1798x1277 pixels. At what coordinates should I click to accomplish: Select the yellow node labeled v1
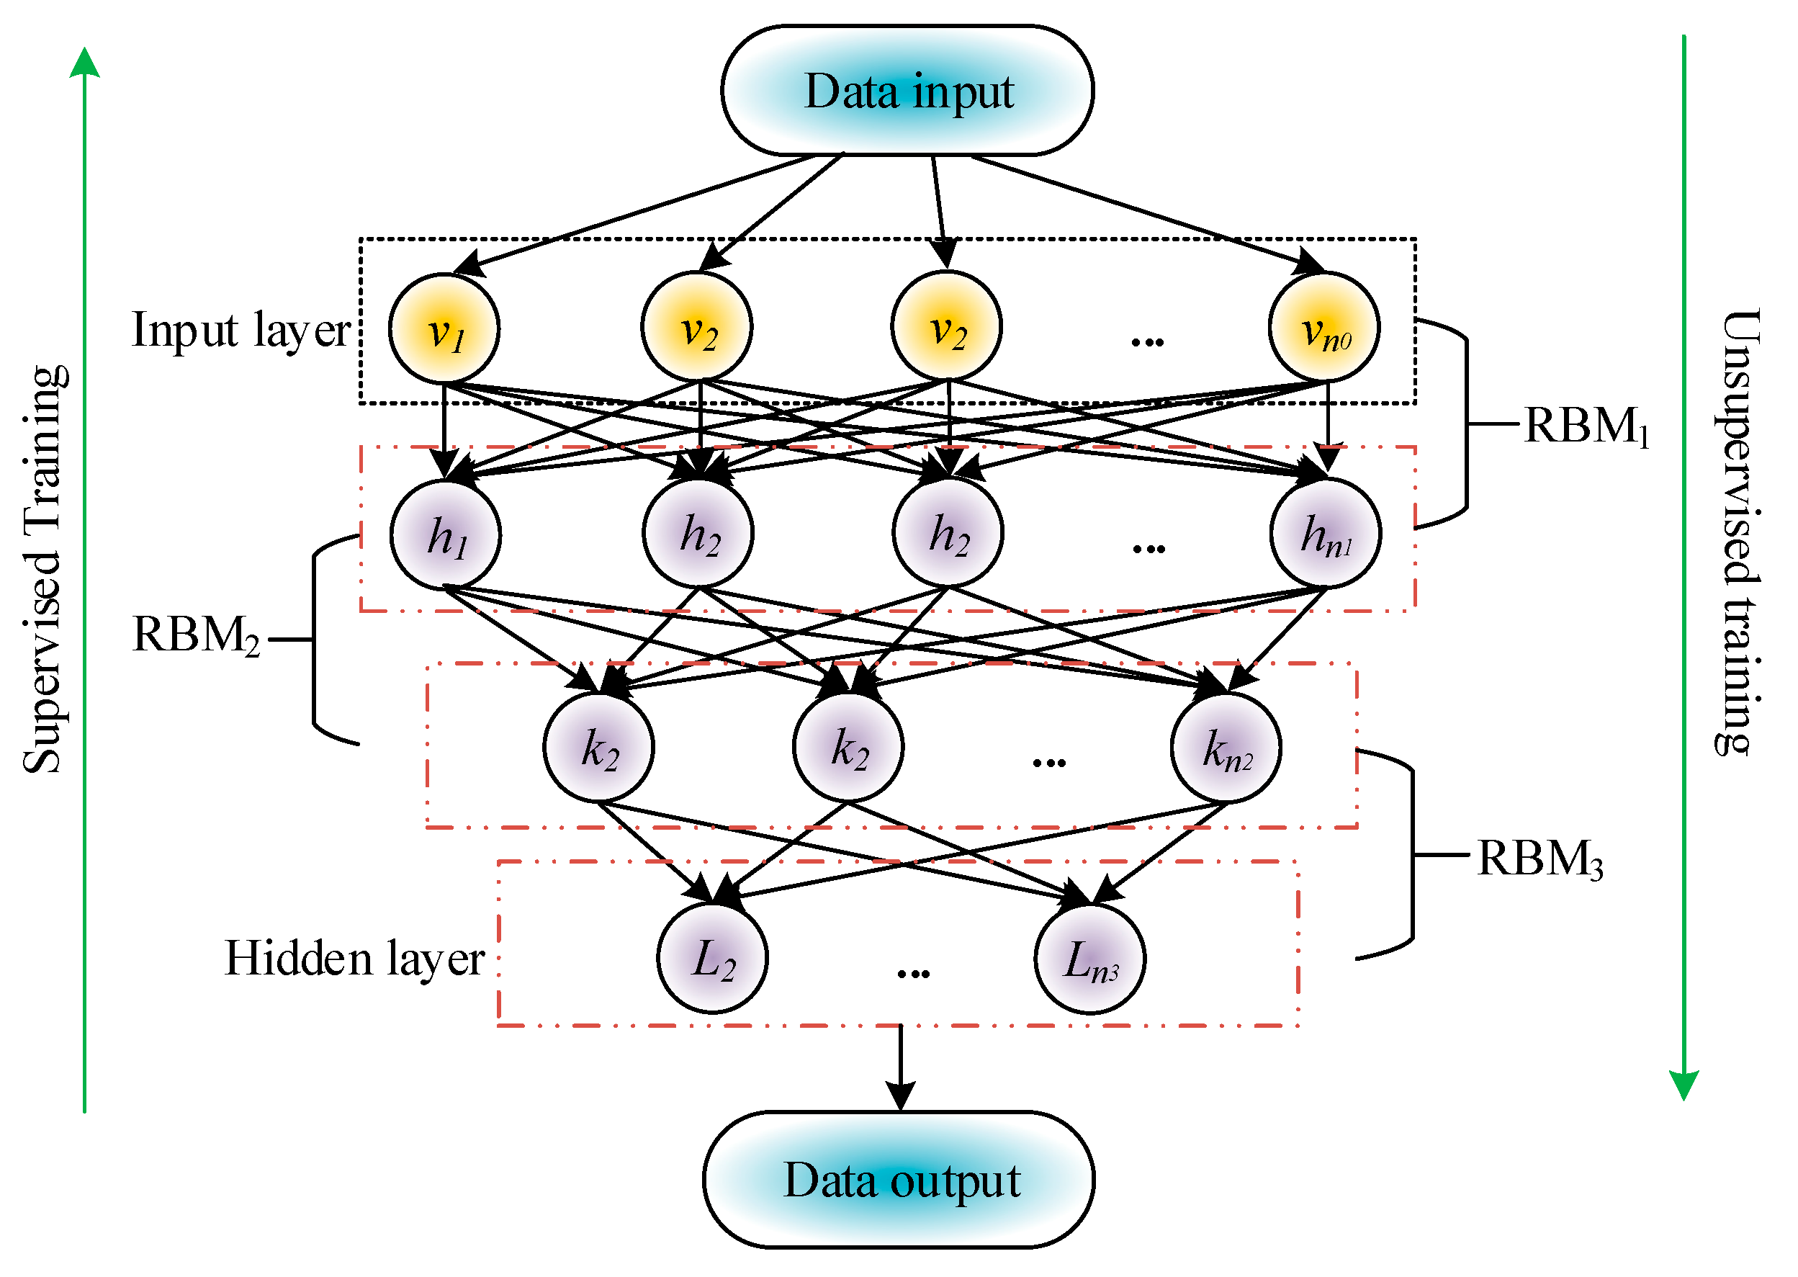tap(444, 328)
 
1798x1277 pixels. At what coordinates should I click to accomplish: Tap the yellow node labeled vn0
tap(1324, 328)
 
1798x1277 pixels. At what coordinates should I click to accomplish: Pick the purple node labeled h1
tap(446, 535)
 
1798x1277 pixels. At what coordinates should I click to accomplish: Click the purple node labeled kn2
tap(1226, 747)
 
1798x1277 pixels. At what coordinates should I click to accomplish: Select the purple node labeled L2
tap(712, 959)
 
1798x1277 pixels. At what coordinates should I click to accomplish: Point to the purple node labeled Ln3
tap(1089, 959)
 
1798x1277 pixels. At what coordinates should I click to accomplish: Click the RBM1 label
tap(1585, 426)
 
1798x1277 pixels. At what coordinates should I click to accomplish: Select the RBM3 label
tap(1539, 858)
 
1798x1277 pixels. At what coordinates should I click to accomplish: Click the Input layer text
tap(240, 331)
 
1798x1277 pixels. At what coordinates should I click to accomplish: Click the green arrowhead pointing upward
tap(85, 63)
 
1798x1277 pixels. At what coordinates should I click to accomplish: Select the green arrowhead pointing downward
tap(1684, 1085)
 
